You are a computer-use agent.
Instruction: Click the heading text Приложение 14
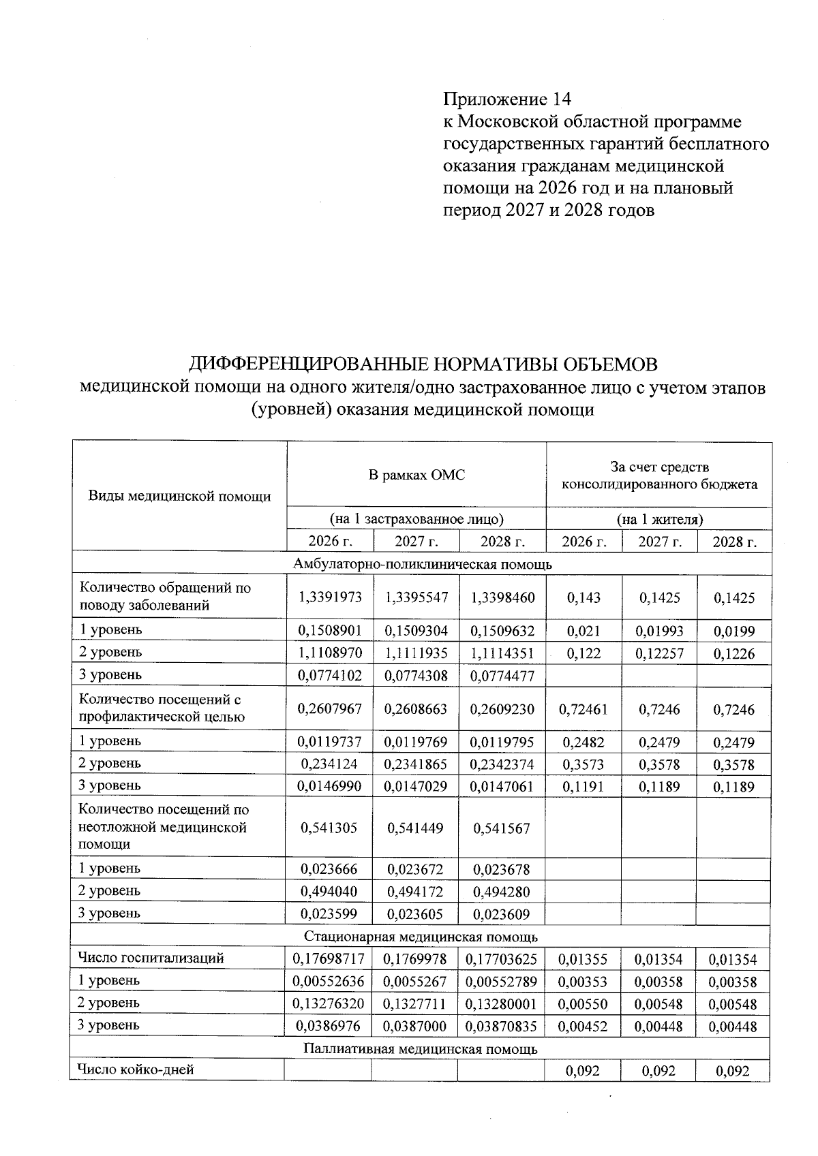point(506,99)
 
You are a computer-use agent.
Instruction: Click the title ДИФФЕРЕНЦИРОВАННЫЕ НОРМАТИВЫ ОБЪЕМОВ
point(423,364)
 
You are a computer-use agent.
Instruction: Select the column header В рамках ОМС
point(416,475)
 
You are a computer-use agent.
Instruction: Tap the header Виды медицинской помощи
point(180,496)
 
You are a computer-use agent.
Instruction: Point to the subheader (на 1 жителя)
point(659,519)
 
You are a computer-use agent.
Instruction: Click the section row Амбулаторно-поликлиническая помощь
point(422,564)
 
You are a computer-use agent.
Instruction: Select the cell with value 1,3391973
point(330,597)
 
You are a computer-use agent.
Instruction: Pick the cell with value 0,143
point(584,597)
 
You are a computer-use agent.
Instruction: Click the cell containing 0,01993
point(658,631)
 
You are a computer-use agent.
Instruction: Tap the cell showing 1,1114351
point(502,653)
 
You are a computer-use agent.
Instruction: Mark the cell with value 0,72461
point(584,709)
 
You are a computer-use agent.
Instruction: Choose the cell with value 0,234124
point(330,764)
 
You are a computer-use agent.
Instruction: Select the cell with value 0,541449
point(415,828)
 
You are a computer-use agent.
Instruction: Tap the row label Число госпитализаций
point(151,958)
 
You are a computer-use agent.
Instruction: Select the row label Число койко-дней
point(136,1069)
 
